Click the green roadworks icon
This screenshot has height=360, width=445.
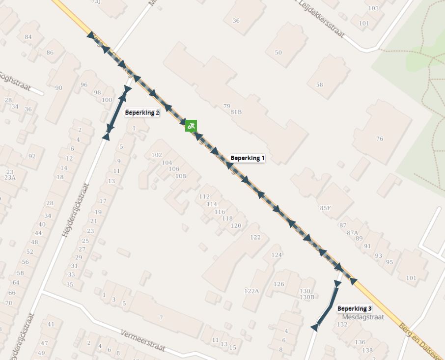(191, 126)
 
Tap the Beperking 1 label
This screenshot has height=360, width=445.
(248, 158)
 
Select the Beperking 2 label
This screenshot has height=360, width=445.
(142, 112)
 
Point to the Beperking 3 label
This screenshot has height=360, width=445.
(354, 308)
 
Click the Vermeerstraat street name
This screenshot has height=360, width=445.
(143, 340)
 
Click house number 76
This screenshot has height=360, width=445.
(379, 139)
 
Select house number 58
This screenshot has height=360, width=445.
(320, 85)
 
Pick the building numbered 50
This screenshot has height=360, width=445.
(278, 53)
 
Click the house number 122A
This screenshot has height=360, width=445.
(251, 291)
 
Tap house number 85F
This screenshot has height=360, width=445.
(325, 208)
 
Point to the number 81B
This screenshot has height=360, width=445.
(236, 112)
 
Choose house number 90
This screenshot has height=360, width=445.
(59, 88)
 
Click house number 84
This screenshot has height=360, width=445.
(28, 37)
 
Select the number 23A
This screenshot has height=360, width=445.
(10, 178)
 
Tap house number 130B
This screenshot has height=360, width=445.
(306, 297)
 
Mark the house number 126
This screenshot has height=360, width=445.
(278, 284)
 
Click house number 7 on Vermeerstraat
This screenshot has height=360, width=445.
(161, 318)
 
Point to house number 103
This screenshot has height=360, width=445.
(373, 8)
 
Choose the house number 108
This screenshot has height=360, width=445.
(180, 176)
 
